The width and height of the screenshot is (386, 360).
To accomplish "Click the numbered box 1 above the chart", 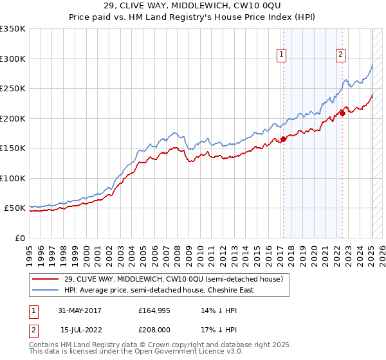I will point(282,55).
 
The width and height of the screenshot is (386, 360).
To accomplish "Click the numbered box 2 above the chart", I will point(340,55).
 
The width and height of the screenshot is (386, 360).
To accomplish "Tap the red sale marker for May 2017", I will point(283,139).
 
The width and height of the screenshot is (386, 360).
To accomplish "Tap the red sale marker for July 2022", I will point(342,114).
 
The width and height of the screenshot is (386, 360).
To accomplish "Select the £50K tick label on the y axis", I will point(14,208).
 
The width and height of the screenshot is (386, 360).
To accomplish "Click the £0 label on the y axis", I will point(19,238).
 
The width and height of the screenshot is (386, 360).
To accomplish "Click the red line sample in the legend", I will point(45,279).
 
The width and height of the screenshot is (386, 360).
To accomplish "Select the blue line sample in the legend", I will point(45,290).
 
